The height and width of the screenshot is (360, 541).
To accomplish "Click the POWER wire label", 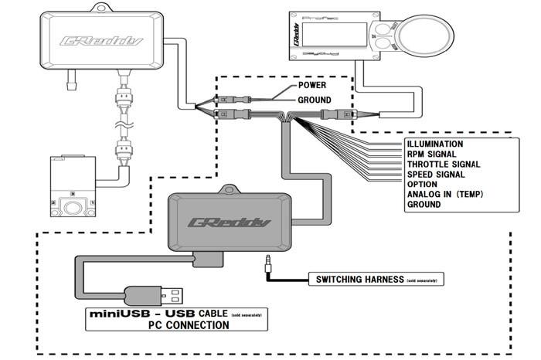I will (x=314, y=86).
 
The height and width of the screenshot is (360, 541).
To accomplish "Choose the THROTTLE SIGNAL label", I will (x=443, y=165).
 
